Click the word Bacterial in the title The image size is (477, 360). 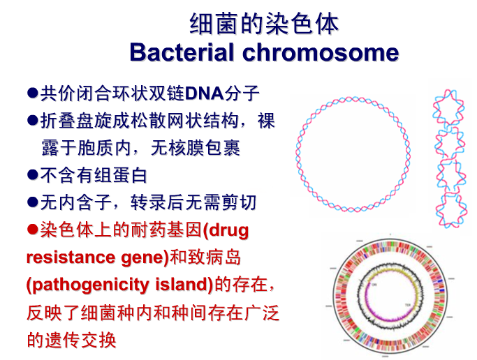182,52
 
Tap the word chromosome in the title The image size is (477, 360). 321,52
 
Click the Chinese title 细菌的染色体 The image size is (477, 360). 264,24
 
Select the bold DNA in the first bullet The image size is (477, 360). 205,93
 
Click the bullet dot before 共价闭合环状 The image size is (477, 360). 33,93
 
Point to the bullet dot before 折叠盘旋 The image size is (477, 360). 33,120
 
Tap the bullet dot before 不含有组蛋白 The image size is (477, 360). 33,175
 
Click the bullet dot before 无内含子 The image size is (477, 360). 33,202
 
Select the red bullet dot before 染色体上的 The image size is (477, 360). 33,230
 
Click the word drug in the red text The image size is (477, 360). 229,231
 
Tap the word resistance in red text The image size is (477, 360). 71,257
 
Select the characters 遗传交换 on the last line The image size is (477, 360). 80,340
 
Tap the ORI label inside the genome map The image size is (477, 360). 374,285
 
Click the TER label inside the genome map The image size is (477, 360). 408,305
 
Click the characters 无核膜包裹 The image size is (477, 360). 196,148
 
